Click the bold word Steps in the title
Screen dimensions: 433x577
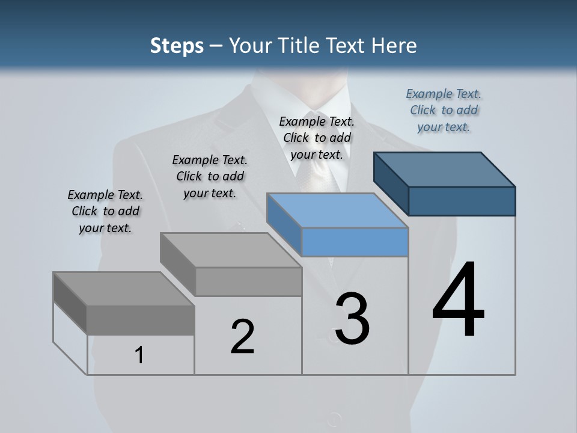[x=177, y=46]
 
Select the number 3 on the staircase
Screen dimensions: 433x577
[x=352, y=318]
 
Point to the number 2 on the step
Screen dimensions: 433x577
[x=242, y=336]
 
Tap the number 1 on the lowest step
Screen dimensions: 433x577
[x=139, y=355]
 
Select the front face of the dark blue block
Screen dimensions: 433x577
[x=462, y=201]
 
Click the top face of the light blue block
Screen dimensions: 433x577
[x=337, y=210]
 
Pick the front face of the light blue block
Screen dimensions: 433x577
[x=355, y=242]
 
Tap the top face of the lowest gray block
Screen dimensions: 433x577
[x=124, y=289]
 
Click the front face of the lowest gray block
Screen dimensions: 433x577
[x=141, y=320]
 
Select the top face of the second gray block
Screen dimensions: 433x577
[x=231, y=250]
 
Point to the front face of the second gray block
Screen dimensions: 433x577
[x=248, y=281]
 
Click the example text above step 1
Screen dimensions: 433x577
[x=105, y=211]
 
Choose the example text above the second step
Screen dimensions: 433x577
[x=210, y=176]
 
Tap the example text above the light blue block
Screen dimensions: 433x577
[x=317, y=138]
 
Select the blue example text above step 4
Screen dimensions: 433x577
[x=444, y=110]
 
